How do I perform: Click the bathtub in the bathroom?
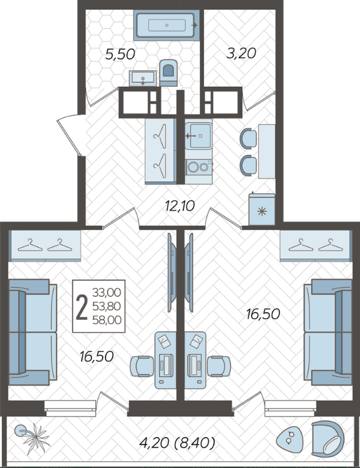pos(166,25)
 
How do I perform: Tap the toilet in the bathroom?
pos(168,73)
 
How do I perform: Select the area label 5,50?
pos(120,55)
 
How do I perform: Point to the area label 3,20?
pos(241,53)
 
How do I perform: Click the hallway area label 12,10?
pos(180,206)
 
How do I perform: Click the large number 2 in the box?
pos(82,307)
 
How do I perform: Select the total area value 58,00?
pos(107,320)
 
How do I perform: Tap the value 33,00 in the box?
pos(107,293)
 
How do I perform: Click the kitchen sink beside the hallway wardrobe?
pos(198,136)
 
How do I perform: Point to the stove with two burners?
pos(198,167)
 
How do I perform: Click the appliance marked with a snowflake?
pos(262,209)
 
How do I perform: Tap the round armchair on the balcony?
pos(327,438)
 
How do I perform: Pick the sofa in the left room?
pos(33,332)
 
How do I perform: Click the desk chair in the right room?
pos(219,366)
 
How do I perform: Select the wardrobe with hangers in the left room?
pos(46,246)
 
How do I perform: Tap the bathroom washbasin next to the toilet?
pos(143,78)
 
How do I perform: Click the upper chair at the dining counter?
pos(248,138)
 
